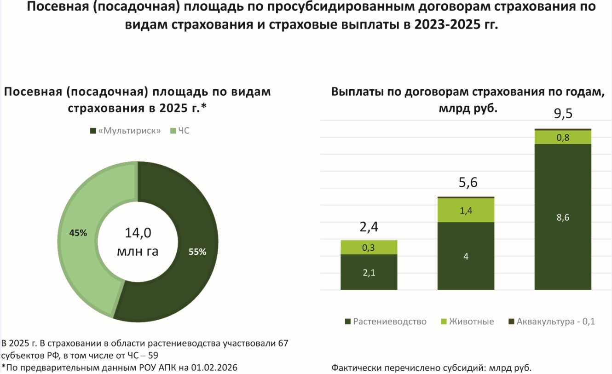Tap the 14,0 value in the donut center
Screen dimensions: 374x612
coord(138,233)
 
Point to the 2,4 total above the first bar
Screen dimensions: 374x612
coord(369,228)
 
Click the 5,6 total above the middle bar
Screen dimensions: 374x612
coord(466,183)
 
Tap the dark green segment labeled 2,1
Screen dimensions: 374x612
coord(369,272)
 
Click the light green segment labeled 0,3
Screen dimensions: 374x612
coord(369,247)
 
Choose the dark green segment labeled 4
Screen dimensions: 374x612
coord(466,256)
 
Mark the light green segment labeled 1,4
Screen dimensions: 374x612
coord(466,211)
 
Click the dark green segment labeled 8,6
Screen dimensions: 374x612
coord(563,217)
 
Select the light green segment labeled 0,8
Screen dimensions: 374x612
coord(563,137)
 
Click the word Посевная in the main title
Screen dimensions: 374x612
coord(54,7)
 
